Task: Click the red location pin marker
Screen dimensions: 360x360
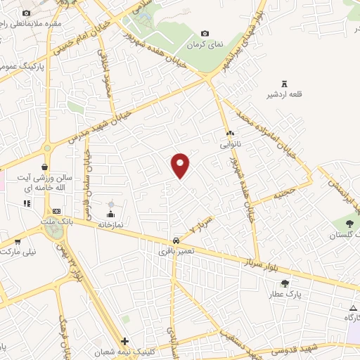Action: [181, 164]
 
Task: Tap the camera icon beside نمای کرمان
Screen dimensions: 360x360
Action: [205, 33]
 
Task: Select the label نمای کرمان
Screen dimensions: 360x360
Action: [205, 44]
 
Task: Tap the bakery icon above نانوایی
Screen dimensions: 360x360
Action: [230, 133]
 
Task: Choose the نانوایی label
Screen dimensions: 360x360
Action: [230, 143]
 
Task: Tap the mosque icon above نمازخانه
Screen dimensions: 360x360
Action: [110, 213]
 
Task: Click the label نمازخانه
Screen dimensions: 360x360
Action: [110, 224]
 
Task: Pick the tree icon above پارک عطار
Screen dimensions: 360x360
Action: [283, 282]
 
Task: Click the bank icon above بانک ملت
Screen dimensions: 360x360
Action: [57, 211]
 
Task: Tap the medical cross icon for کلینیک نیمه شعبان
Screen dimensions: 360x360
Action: [124, 341]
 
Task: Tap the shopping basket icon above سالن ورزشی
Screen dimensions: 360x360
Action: [45, 167]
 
